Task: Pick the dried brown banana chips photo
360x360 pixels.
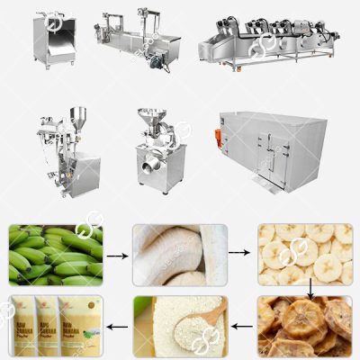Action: pos(305,326)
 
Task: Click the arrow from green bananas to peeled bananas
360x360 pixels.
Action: pos(117,256)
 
